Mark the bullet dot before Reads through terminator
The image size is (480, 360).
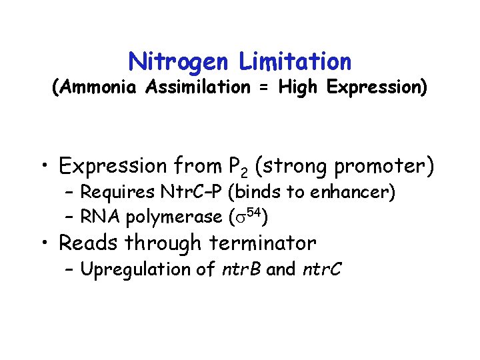pyautogui.click(x=47, y=243)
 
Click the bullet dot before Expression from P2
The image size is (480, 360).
pyautogui.click(x=47, y=165)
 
